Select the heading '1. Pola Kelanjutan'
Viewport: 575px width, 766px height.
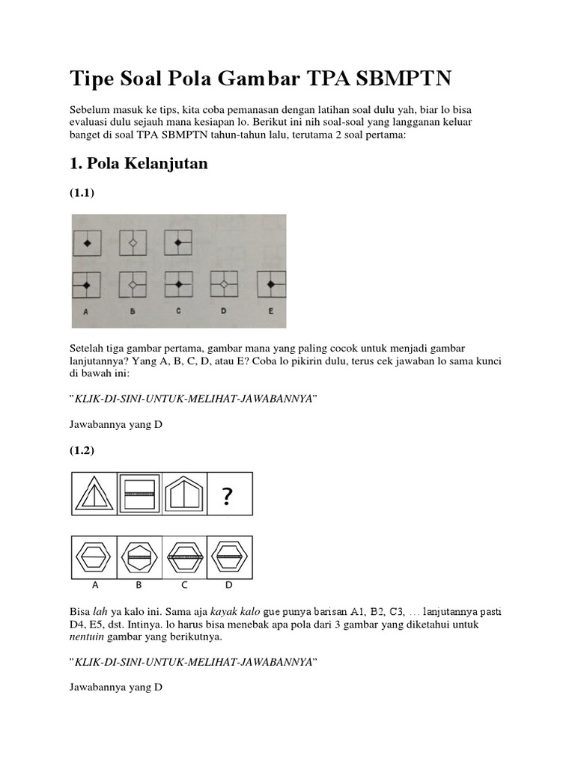pyautogui.click(x=139, y=165)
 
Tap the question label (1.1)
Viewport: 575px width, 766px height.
pyautogui.click(x=82, y=193)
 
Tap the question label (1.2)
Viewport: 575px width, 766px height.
pyautogui.click(x=82, y=451)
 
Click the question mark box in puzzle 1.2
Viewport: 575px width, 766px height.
pyautogui.click(x=230, y=494)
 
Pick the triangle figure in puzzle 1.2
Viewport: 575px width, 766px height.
pyautogui.click(x=94, y=494)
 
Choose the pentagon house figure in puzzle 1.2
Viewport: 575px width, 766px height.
pyautogui.click(x=185, y=494)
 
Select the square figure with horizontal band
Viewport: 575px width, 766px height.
pyautogui.click(x=139, y=494)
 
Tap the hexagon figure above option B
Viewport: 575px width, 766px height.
pyautogui.click(x=139, y=557)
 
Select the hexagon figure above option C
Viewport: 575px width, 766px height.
pyautogui.click(x=185, y=557)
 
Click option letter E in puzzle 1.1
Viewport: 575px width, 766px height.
pyautogui.click(x=270, y=312)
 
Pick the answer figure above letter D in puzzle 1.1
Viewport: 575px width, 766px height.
pyautogui.click(x=223, y=285)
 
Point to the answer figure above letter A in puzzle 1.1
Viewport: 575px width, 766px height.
pyautogui.click(x=87, y=285)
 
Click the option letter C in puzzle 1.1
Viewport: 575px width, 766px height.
pyautogui.click(x=178, y=312)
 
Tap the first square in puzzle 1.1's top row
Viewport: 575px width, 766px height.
pyautogui.click(x=87, y=243)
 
